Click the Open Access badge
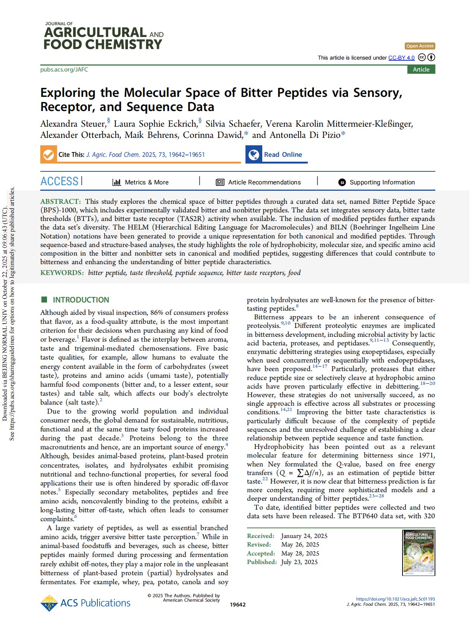pyautogui.click(x=420, y=46)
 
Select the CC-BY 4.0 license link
pyautogui.click(x=401, y=58)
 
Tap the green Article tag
pyautogui.click(x=421, y=70)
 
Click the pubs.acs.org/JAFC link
pyautogui.click(x=64, y=70)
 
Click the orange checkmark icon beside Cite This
pyautogui.click(x=48, y=155)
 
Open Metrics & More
pyautogui.click(x=141, y=182)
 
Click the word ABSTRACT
pyautogui.click(x=60, y=202)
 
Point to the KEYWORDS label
pyautogui.click(x=62, y=273)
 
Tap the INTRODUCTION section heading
pyautogui.click(x=81, y=300)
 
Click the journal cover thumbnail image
pyautogui.click(x=419, y=552)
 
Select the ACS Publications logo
pyautogui.click(x=85, y=603)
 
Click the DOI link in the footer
pyautogui.click(x=395, y=599)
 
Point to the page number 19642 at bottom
pyautogui.click(x=238, y=605)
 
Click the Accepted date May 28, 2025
pyautogui.click(x=300, y=553)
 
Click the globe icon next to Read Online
pyautogui.click(x=254, y=155)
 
